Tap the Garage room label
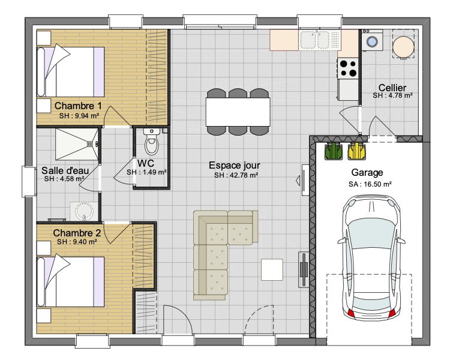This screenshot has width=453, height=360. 367,172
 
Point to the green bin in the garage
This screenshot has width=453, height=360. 333,151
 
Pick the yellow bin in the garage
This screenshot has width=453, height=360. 357,151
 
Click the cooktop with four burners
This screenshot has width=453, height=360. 348,68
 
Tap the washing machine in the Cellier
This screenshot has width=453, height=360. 372,40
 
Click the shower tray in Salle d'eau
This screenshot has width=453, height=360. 77,144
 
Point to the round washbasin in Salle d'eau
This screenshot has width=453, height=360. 82,211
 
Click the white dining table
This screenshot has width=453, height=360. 238,112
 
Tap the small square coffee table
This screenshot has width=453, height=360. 272,269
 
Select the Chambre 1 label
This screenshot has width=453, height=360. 78,106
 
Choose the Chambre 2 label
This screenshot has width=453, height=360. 77,233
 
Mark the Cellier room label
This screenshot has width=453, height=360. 392,88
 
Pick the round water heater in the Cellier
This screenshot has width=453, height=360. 403,47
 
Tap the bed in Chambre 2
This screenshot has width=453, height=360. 70,282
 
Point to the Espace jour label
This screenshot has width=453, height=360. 235,165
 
